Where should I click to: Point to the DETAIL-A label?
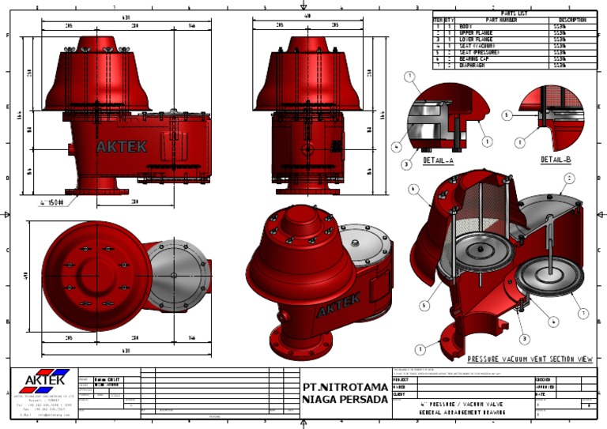tap(438, 160)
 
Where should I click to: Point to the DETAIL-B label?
tap(556, 160)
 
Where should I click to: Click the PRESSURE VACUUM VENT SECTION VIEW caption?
tap(530, 359)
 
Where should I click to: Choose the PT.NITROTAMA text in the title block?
tap(345, 388)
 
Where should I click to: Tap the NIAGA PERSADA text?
tap(345, 400)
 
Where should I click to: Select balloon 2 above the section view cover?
tap(567, 179)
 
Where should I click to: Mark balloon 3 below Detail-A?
tap(405, 164)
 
